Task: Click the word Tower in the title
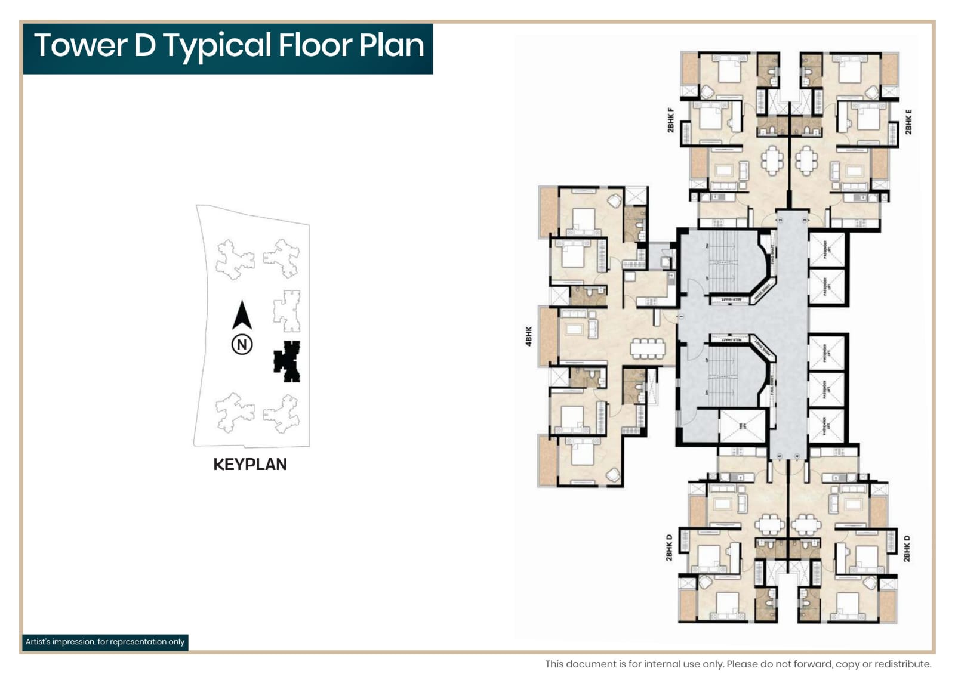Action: click(81, 45)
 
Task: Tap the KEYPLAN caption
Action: click(250, 465)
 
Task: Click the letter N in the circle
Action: click(242, 344)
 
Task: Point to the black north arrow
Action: click(242, 315)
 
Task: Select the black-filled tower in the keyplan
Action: click(287, 361)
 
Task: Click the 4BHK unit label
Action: click(528, 336)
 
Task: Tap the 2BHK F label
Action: click(670, 119)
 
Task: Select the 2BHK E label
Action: click(908, 122)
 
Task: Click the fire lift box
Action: click(743, 426)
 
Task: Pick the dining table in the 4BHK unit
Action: click(647, 348)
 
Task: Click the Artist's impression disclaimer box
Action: click(105, 642)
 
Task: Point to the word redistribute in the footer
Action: click(902, 664)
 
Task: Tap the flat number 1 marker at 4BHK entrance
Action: click(679, 316)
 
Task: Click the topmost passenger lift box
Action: click(827, 249)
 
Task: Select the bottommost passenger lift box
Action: click(827, 425)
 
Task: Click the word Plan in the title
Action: click(391, 45)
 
